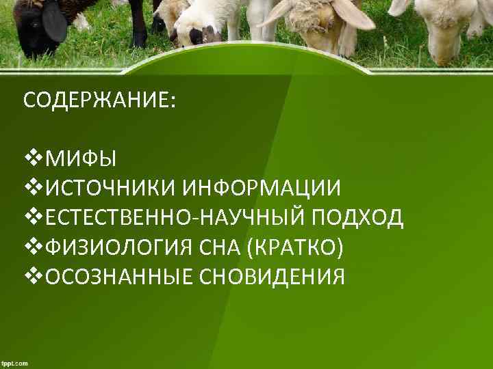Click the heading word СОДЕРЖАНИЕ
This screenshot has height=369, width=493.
[x=99, y=100]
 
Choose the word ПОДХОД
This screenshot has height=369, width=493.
[x=358, y=218]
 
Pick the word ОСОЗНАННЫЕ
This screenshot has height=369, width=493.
[x=118, y=277]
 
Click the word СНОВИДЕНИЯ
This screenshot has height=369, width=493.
[x=272, y=277]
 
